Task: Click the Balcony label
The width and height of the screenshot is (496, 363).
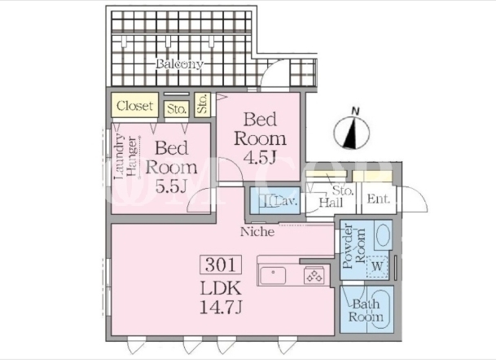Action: click(x=179, y=64)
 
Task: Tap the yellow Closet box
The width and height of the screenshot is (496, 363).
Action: click(x=134, y=105)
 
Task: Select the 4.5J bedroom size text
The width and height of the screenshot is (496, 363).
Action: click(x=260, y=159)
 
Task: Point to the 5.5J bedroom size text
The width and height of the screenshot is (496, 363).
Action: click(x=171, y=186)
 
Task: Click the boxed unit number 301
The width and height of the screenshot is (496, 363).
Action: click(x=221, y=265)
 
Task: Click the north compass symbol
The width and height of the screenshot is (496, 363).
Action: click(x=352, y=132)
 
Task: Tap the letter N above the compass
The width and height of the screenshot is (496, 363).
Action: click(x=356, y=111)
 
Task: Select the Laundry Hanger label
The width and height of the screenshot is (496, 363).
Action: click(x=126, y=157)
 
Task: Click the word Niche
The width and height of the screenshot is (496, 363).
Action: click(x=257, y=232)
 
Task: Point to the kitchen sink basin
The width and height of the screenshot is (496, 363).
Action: click(x=273, y=276)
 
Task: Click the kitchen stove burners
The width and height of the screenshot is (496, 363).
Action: click(x=314, y=276)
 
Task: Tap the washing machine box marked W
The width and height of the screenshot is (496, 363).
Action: click(x=377, y=266)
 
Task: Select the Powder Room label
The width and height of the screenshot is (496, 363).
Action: click(x=353, y=247)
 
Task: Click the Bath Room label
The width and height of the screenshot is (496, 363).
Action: click(x=366, y=311)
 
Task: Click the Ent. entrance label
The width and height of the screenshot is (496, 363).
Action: click(x=379, y=199)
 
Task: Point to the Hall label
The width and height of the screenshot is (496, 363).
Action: click(x=331, y=203)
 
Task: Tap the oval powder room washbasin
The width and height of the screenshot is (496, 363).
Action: click(x=383, y=234)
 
